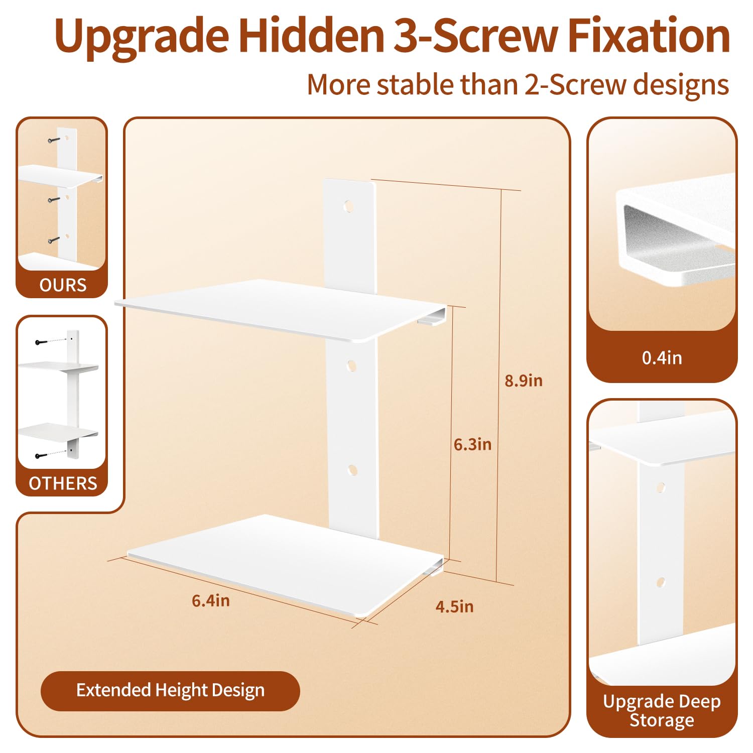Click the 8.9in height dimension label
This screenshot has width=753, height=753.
coord(524,381)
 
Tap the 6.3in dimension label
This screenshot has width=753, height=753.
coord(472,444)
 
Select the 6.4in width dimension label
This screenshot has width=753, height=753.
coord(211,600)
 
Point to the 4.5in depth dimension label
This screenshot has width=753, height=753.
coord(454,606)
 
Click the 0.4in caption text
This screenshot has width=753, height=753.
coord(662,358)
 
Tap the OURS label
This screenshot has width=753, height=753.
coord(63,285)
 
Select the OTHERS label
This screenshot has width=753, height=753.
coord(63,483)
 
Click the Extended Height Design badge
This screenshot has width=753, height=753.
coord(170,691)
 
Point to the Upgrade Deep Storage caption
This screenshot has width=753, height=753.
coord(662,710)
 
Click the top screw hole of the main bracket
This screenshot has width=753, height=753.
coord(348,206)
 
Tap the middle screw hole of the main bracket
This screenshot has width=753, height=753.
coord(352,365)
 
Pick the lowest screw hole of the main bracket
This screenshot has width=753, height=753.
coord(352,470)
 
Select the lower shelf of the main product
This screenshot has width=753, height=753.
coord(286,564)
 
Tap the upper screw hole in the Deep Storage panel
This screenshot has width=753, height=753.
coord(660,487)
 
